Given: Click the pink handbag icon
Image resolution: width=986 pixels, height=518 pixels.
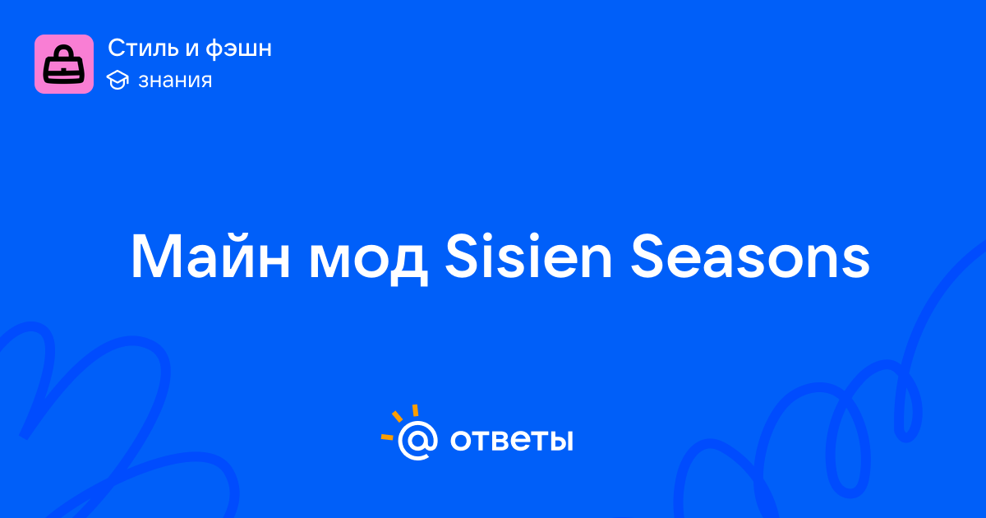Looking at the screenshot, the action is [64, 64].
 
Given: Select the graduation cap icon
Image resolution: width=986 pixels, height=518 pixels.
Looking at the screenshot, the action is [117, 80].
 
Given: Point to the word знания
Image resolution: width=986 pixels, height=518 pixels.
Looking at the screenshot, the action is [175, 81].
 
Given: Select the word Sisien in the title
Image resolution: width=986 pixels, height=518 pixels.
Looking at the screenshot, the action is [528, 257].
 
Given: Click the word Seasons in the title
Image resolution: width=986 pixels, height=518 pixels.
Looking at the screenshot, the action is [750, 257].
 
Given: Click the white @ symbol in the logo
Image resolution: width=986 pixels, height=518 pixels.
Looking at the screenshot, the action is [417, 440].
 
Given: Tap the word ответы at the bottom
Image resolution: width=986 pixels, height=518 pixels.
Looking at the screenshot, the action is [511, 440].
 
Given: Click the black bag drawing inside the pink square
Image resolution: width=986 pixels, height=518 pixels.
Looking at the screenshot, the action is [64, 64].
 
